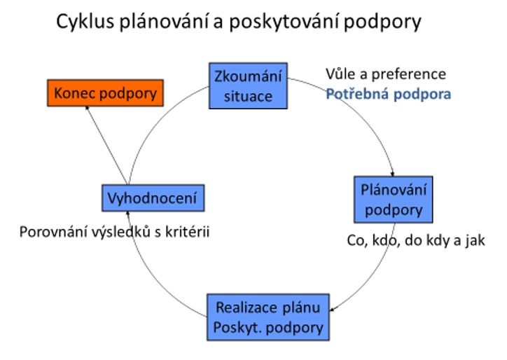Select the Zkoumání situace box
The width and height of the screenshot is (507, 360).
247,85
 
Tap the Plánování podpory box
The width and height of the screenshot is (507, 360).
393,200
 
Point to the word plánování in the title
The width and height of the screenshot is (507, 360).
183,23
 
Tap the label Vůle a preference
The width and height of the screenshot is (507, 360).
386,74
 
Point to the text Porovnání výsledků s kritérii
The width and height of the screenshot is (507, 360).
114,232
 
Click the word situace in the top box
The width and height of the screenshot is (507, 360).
247,95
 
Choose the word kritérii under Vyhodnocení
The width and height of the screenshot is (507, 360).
187,232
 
